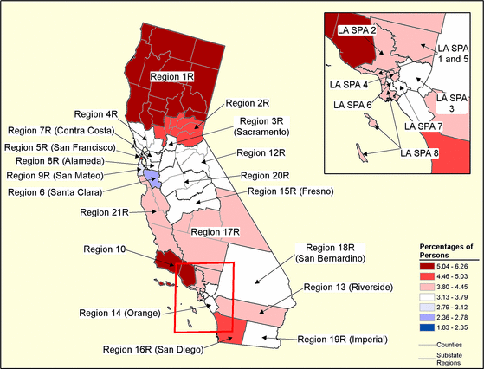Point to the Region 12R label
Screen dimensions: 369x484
click(x=261, y=153)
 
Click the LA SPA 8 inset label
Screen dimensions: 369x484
click(x=422, y=152)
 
